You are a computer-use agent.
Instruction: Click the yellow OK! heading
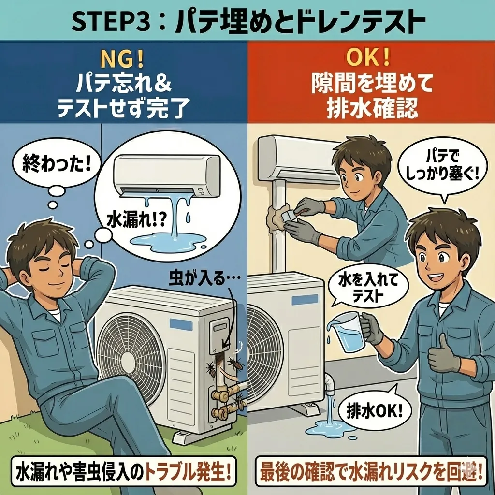click(x=368, y=58)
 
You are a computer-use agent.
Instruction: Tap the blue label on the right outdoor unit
click(x=305, y=300)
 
